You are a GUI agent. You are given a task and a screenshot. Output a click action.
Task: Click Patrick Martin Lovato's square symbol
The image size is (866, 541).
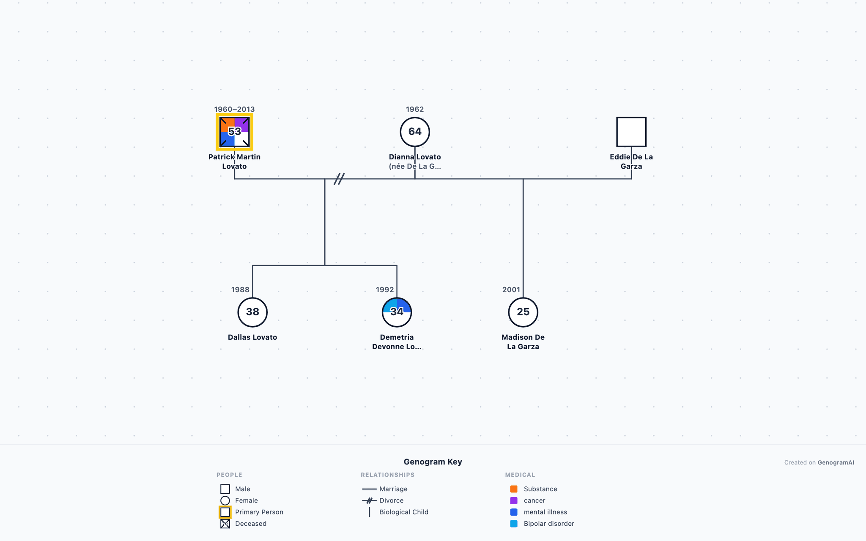click(234, 132)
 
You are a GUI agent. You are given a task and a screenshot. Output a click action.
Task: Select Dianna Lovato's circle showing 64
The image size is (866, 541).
click(415, 132)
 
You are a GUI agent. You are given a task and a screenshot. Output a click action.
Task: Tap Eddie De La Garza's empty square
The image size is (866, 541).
click(631, 132)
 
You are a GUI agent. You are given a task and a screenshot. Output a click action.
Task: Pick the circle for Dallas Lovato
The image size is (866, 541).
click(252, 312)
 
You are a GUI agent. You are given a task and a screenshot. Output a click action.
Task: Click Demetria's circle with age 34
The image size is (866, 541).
click(397, 312)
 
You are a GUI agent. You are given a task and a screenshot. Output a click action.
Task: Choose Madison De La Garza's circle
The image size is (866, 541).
click(523, 312)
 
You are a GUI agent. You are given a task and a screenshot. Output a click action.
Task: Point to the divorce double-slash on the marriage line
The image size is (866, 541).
click(339, 179)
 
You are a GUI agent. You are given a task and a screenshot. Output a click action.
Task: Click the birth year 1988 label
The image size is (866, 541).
click(240, 290)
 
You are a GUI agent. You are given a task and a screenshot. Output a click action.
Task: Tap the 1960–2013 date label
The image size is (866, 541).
click(234, 109)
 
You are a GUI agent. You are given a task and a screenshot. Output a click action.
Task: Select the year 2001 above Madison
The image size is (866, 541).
click(511, 290)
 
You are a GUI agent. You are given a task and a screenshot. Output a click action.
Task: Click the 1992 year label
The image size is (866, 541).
click(385, 290)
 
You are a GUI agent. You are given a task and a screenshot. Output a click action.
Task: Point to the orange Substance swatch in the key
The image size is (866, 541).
click(514, 489)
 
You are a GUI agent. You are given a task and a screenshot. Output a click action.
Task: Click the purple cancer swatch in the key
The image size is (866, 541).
click(514, 500)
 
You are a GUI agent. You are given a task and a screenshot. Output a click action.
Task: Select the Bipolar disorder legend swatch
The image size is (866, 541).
click(514, 524)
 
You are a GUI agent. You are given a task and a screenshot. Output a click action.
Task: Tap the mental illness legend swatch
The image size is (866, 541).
click(514, 512)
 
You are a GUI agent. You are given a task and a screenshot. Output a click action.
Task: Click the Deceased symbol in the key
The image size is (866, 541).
click(225, 524)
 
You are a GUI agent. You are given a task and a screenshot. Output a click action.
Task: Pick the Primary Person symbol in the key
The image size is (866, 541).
click(225, 512)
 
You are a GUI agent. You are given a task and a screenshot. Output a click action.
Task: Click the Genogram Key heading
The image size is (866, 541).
click(433, 462)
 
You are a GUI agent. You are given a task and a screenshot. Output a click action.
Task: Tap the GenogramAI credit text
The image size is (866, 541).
click(836, 462)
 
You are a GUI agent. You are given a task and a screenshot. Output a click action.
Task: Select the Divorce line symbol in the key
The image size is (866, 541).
click(369, 500)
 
